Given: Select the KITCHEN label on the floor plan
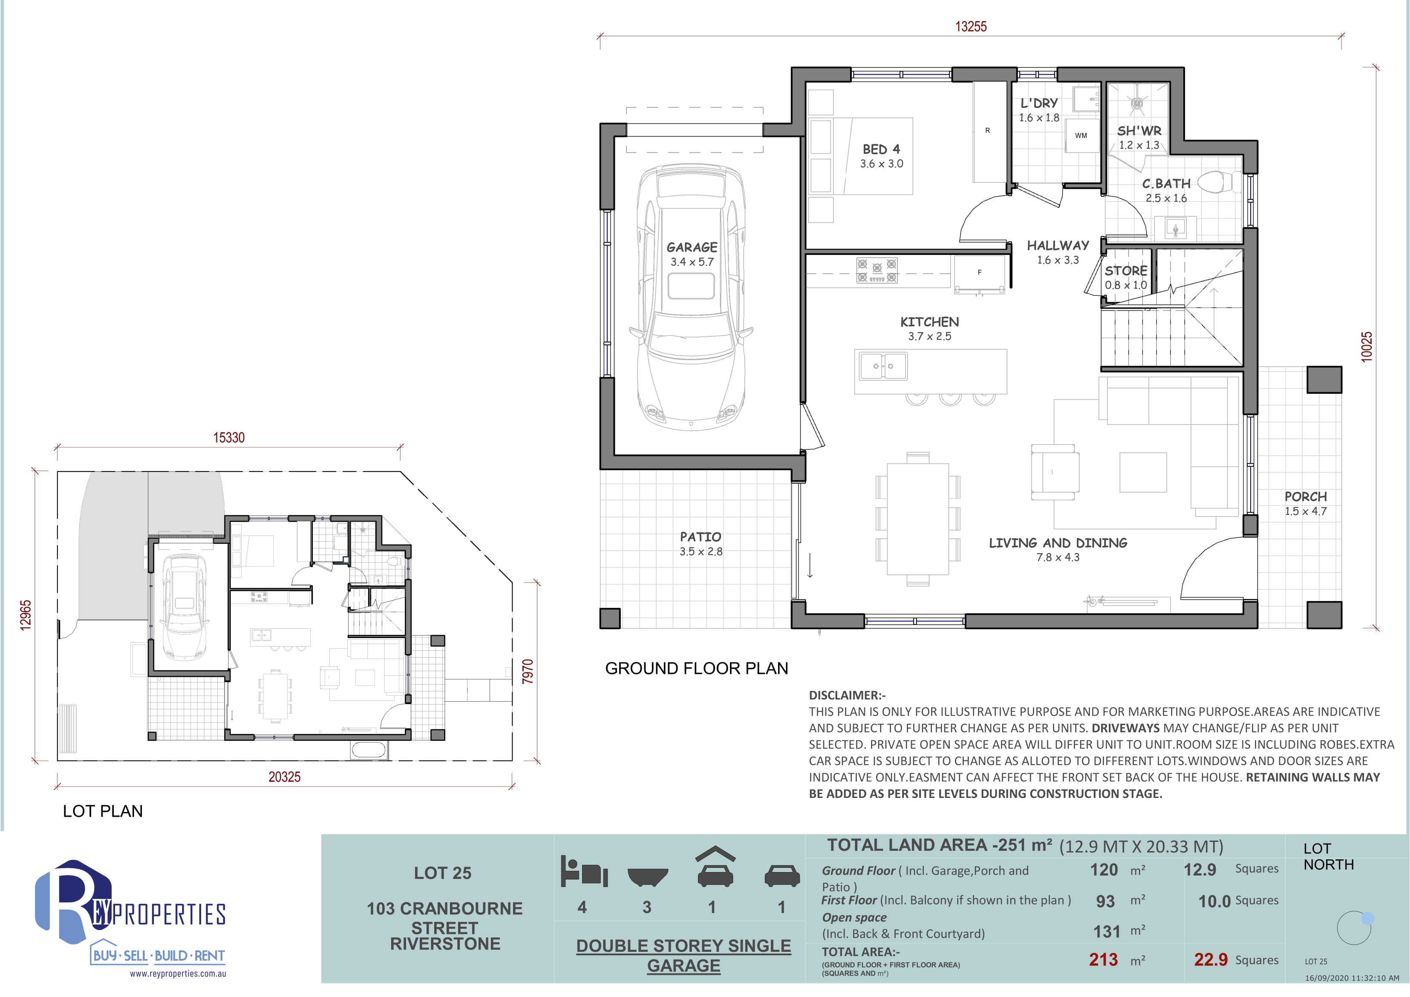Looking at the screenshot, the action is (x=930, y=322).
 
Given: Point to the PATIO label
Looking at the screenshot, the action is (x=701, y=537).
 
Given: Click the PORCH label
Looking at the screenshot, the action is (x=1306, y=496).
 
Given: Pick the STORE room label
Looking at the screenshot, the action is (x=1126, y=271).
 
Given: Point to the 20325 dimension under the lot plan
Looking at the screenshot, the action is (x=284, y=777).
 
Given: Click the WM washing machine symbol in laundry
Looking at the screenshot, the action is (x=1081, y=136).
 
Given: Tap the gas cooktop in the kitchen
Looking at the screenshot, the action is (x=877, y=270).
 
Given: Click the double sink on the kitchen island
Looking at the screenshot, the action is (x=883, y=366).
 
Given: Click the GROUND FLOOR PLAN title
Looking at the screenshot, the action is (x=696, y=668).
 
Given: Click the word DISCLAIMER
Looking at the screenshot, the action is (x=845, y=695).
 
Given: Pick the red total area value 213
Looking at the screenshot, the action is (x=1104, y=959).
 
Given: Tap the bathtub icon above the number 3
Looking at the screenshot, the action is (x=647, y=877).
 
